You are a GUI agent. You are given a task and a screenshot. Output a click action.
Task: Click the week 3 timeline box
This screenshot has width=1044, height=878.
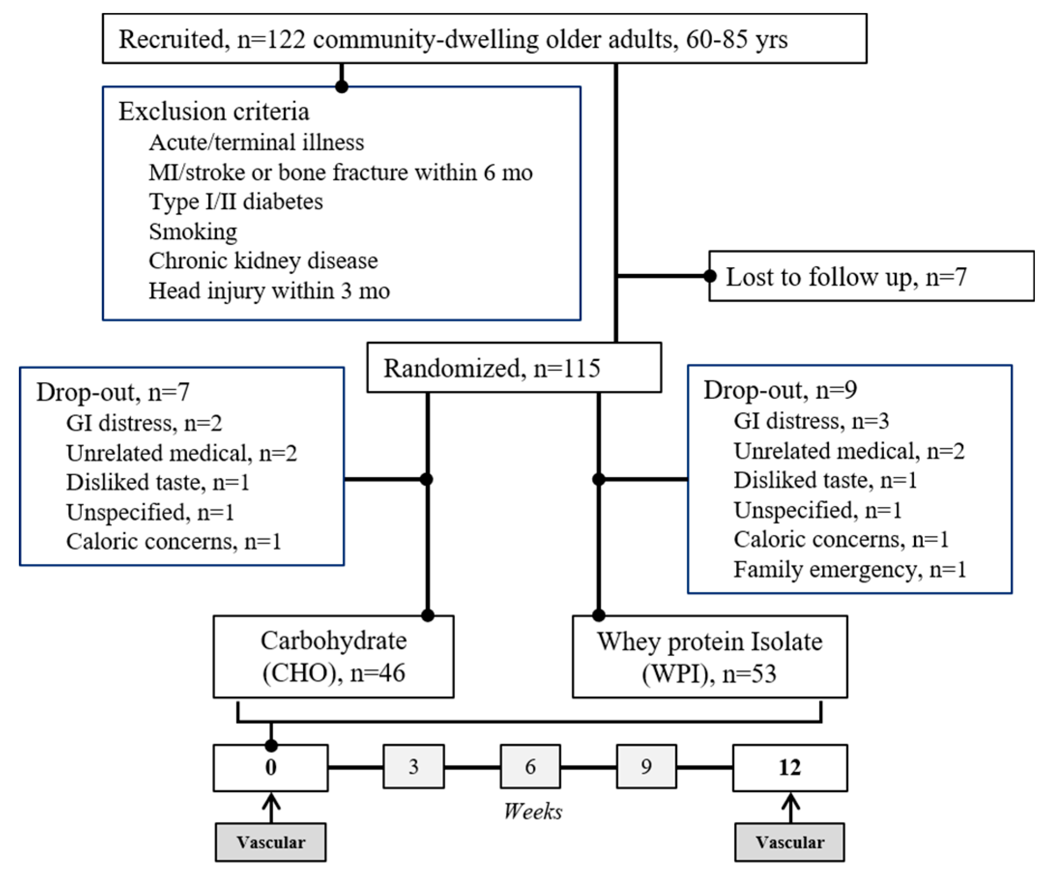[413, 766]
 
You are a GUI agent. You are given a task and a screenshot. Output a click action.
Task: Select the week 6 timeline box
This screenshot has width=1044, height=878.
[530, 766]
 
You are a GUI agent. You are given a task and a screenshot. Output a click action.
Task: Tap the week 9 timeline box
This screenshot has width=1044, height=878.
[646, 766]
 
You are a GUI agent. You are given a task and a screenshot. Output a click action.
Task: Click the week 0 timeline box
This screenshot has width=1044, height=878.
[271, 767]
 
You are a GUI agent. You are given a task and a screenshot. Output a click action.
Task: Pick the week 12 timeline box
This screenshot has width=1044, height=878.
[790, 767]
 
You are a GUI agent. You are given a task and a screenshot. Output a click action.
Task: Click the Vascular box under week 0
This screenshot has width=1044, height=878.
[271, 843]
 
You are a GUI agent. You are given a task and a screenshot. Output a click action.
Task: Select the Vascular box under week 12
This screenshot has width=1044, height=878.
[790, 843]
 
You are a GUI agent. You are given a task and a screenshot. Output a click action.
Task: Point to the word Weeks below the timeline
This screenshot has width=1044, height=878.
[532, 811]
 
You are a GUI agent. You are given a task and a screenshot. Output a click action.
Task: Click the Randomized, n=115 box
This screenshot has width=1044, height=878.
[514, 368]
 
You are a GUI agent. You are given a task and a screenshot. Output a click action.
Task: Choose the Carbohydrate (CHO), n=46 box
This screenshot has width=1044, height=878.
[333, 657]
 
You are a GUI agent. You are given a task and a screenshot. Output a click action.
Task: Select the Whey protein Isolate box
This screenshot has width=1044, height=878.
[710, 657]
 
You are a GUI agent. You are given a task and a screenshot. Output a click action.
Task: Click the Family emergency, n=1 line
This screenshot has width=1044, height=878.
[849, 569]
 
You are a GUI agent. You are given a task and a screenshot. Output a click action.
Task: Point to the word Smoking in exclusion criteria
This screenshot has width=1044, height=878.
[193, 231]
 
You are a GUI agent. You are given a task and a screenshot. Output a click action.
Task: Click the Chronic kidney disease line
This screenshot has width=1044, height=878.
[263, 261]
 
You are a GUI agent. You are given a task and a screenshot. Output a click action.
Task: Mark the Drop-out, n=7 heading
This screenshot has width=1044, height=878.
[113, 392]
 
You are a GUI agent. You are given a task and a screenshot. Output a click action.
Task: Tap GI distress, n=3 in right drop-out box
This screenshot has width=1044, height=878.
[811, 421]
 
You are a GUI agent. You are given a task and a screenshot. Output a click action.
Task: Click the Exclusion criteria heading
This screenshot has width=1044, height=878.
[214, 111]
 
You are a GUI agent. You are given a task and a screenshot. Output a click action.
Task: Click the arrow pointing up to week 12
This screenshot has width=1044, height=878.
[791, 807]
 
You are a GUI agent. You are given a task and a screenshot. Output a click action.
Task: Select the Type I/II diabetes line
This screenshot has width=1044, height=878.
[236, 202]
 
